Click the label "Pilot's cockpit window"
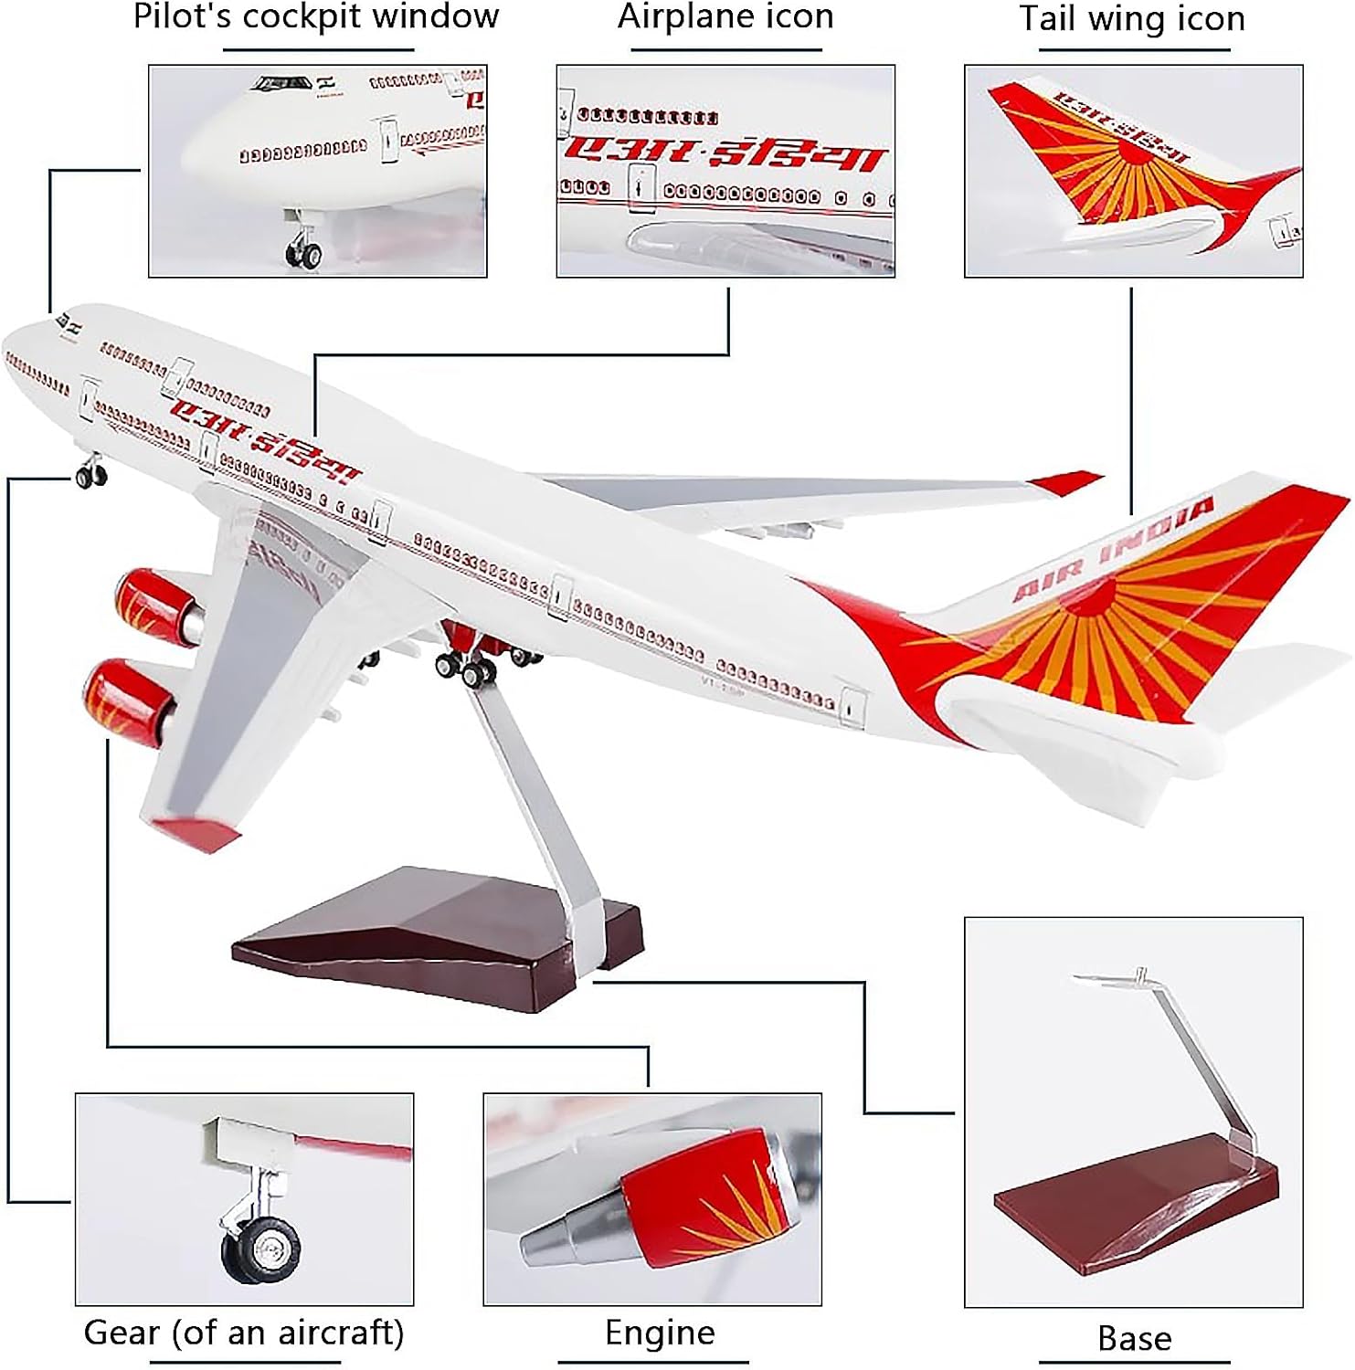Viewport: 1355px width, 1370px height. [316, 17]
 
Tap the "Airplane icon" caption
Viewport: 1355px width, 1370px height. [725, 17]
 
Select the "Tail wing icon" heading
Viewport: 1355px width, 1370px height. [1132, 19]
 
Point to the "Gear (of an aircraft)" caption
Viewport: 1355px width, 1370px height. [244, 1333]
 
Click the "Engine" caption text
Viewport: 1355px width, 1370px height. [660, 1333]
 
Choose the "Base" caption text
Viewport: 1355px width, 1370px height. [1134, 1338]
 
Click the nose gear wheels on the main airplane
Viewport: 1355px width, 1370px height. [91, 476]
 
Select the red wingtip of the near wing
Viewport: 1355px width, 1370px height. [196, 832]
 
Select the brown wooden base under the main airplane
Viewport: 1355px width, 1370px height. [429, 941]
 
